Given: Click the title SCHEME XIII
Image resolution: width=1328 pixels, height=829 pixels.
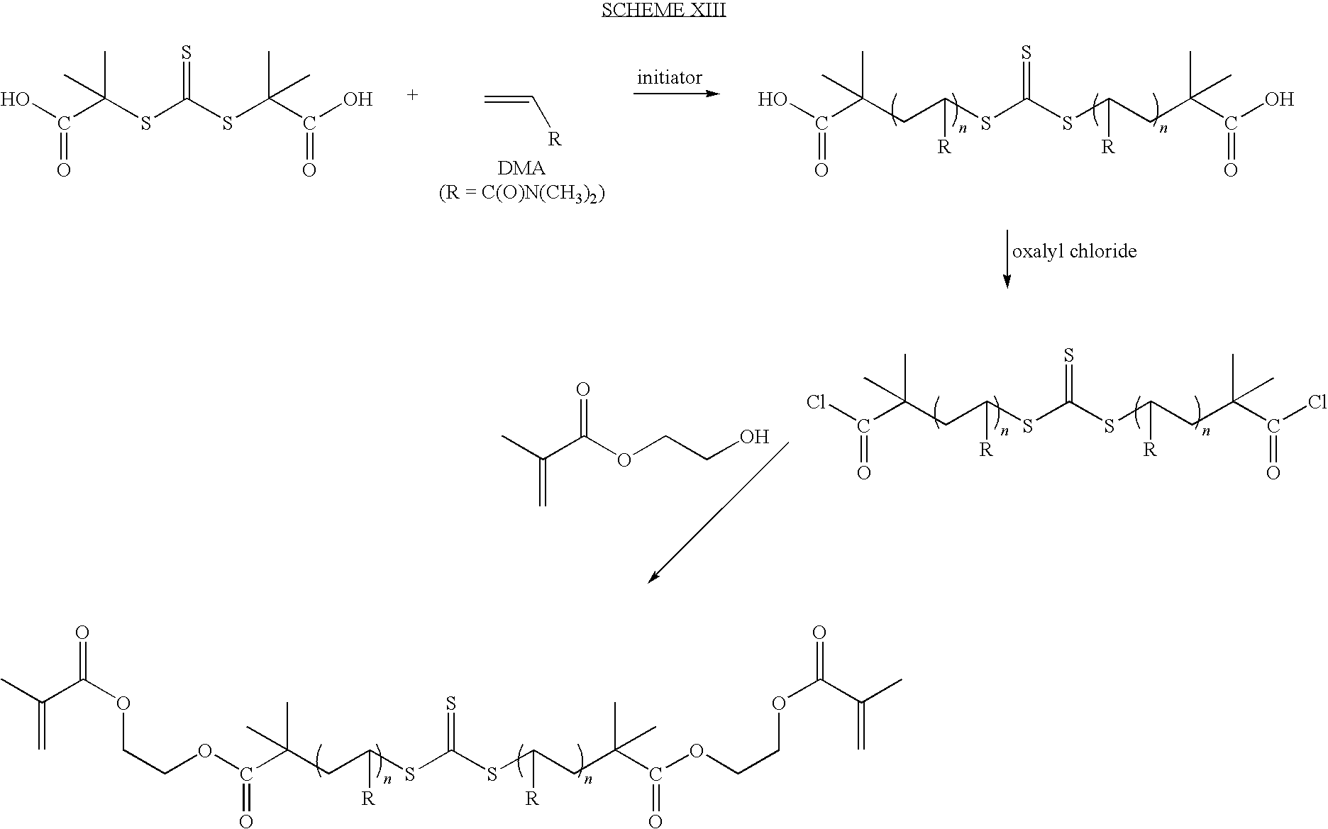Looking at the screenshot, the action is click(x=663, y=11).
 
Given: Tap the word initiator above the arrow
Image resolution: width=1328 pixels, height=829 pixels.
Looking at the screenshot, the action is click(x=670, y=77).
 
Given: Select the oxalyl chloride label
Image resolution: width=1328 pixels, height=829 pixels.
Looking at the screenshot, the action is click(x=1074, y=252).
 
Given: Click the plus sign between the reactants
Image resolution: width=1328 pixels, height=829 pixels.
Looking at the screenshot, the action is click(x=413, y=94).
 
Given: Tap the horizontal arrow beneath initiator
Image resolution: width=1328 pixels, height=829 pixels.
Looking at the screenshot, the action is click(x=676, y=93).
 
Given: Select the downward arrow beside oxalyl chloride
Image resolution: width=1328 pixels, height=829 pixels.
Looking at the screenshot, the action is click(x=1006, y=259).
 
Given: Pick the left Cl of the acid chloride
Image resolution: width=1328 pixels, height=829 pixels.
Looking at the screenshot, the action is click(x=817, y=404).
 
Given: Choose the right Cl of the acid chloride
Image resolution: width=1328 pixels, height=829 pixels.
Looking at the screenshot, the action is click(x=1317, y=404).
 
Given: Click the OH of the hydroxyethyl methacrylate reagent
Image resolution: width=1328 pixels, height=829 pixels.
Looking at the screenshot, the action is click(x=754, y=437).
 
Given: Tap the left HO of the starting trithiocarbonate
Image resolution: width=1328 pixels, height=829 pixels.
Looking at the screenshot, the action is click(x=16, y=99).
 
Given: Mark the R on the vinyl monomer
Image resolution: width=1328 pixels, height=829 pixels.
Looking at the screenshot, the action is click(x=555, y=139).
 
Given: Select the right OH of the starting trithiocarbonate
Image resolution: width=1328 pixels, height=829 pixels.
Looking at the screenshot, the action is click(x=358, y=99).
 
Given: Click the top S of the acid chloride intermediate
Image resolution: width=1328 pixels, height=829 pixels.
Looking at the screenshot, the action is click(x=1068, y=354).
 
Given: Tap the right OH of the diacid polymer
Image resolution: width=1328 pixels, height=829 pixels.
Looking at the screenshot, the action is click(x=1279, y=99).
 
